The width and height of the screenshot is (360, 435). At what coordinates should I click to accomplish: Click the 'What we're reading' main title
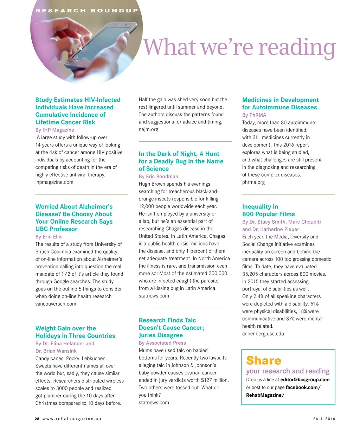(x=239, y=47)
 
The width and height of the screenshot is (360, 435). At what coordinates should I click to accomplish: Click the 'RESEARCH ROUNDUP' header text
(x=86, y=11)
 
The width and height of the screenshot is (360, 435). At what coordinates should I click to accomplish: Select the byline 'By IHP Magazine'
(x=55, y=130)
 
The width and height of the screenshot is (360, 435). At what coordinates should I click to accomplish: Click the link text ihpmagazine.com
(x=54, y=182)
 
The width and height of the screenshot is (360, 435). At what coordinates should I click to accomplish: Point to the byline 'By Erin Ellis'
(x=49, y=237)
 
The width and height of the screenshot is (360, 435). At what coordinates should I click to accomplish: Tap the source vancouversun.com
(x=56, y=304)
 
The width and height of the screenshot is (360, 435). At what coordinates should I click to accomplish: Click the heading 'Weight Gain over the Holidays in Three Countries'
(x=75, y=332)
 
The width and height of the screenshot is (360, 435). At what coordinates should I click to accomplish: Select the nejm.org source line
(x=148, y=129)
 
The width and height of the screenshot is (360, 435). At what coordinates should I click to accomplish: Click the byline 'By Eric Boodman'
(x=158, y=177)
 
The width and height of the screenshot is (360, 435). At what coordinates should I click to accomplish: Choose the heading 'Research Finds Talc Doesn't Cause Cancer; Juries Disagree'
(x=171, y=328)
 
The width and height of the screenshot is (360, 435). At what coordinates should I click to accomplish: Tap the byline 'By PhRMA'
(x=254, y=115)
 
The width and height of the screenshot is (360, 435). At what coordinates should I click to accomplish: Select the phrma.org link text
(x=253, y=182)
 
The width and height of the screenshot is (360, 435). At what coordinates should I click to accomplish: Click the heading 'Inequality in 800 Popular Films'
(x=268, y=210)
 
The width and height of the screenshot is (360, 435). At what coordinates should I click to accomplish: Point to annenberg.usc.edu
(x=263, y=333)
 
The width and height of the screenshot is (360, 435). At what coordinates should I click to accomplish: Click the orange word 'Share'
(x=264, y=360)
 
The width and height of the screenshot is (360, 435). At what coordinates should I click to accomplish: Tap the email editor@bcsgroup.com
(x=305, y=380)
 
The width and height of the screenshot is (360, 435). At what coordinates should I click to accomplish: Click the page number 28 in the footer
(x=37, y=419)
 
